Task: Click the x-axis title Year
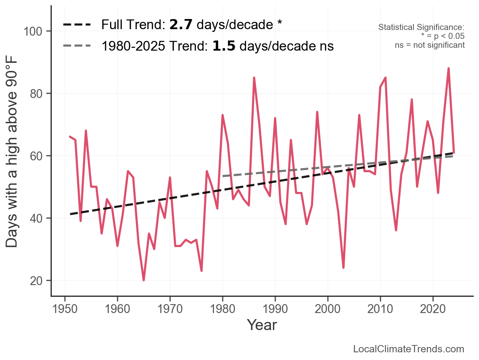[262, 325]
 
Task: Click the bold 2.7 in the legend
[181, 25]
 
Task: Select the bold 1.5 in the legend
[224, 46]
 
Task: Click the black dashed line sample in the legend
[77, 25]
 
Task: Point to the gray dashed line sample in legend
[77, 46]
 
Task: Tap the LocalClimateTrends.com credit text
[409, 349]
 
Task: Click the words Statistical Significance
[421, 28]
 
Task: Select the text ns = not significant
[430, 45]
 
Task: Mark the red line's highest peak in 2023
[449, 68]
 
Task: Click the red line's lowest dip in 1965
[144, 280]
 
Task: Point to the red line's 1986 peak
[254, 78]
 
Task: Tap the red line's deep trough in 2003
[343, 268]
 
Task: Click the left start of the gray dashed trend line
[223, 176]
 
